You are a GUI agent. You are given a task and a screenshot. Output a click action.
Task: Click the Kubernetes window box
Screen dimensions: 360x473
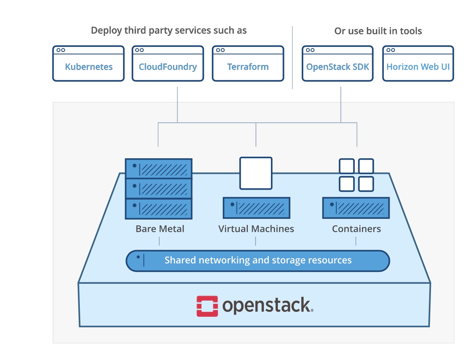[x=89, y=64]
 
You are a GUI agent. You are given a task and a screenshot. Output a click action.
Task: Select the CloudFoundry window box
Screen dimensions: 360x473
[x=168, y=64]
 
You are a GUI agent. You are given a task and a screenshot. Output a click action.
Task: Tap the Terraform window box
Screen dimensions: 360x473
[x=248, y=64]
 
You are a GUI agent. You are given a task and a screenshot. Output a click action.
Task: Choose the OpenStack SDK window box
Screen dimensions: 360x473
[x=337, y=64]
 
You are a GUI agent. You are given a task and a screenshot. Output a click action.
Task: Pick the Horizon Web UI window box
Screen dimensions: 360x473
[x=418, y=64]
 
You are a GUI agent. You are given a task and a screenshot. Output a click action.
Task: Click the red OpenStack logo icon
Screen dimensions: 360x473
[x=207, y=306]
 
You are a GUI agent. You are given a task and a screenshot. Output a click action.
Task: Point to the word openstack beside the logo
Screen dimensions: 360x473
[x=267, y=306]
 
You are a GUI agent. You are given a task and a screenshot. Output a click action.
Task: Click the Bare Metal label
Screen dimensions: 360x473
[x=160, y=229]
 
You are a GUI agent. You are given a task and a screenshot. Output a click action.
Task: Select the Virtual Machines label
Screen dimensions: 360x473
[x=256, y=229]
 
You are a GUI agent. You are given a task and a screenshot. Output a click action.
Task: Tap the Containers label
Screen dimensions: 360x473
[x=357, y=229]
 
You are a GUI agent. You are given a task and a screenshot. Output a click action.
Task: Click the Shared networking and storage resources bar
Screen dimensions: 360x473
[x=258, y=261]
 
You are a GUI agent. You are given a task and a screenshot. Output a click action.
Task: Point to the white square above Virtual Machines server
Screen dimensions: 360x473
[x=256, y=173]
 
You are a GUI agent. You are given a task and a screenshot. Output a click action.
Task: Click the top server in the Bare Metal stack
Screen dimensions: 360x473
[x=159, y=168]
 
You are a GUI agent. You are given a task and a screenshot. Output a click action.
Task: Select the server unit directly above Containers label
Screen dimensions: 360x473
[x=356, y=208]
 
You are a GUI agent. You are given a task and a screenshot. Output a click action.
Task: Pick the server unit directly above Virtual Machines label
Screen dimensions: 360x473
[x=256, y=208]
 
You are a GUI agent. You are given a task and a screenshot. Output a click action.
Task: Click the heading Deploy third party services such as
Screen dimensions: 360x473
[x=169, y=30]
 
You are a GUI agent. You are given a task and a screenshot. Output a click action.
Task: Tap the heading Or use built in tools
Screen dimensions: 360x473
[x=378, y=31]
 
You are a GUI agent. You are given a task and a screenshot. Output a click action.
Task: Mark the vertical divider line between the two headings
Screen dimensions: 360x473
[x=292, y=57]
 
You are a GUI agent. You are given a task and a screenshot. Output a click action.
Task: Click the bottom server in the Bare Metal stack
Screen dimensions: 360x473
[x=159, y=209]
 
